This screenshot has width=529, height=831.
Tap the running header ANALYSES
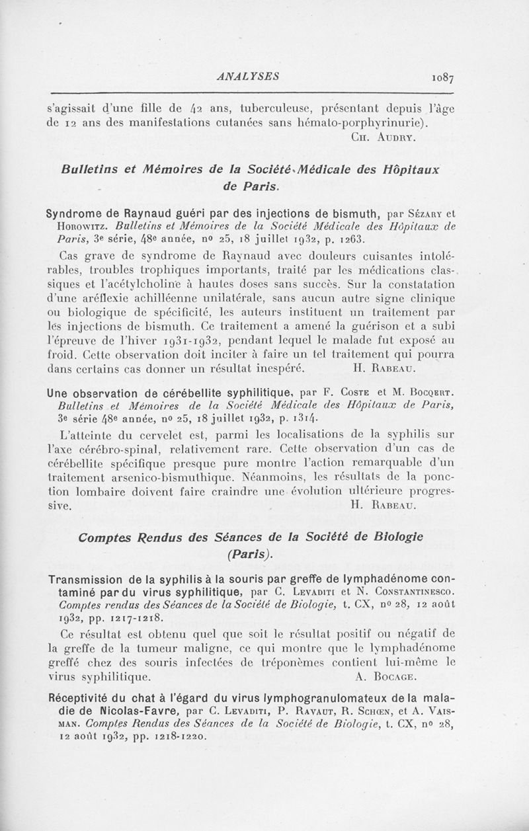247,76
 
